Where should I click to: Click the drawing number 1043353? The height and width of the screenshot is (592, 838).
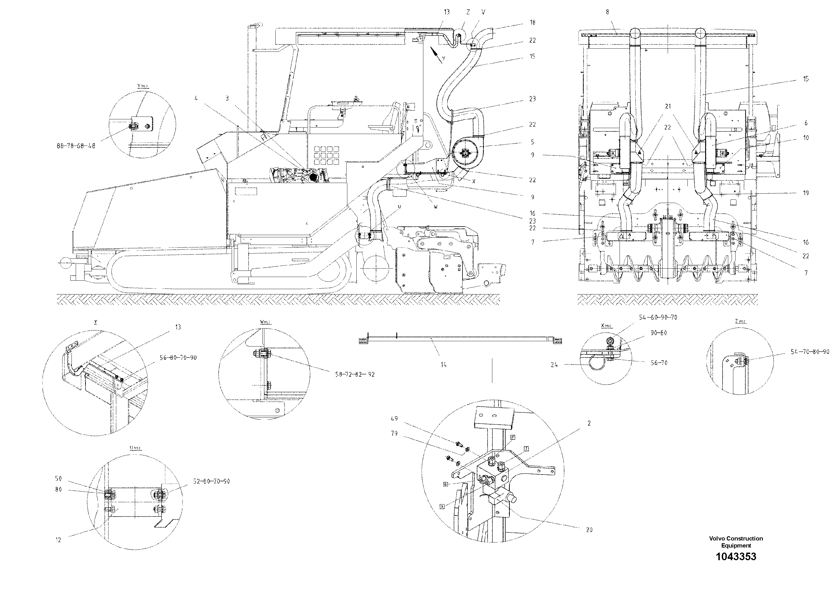tap(736, 556)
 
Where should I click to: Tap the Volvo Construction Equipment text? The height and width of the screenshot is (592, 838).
tap(736, 542)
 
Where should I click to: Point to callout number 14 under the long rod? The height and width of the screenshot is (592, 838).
tap(443, 365)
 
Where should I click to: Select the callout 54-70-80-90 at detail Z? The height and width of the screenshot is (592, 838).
tap(809, 352)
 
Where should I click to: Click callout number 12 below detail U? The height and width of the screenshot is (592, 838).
tap(58, 540)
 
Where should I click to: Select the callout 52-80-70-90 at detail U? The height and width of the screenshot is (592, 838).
tap(212, 481)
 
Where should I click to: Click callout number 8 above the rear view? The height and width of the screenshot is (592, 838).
tap(607, 12)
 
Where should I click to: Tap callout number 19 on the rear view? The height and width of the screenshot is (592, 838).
tap(806, 193)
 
